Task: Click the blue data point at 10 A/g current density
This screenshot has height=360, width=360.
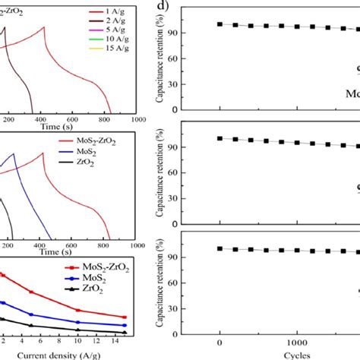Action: coord(78,320)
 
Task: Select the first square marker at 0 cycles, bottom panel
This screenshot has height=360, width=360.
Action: coord(220,248)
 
